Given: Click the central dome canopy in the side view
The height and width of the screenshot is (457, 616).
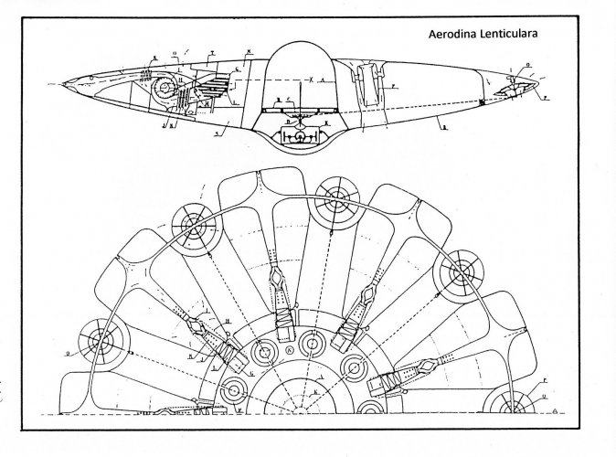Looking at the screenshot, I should coord(303,64).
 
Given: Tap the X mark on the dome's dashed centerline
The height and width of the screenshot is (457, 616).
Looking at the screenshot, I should coord(311,80).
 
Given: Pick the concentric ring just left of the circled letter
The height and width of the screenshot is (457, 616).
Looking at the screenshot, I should coord(265,349).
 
